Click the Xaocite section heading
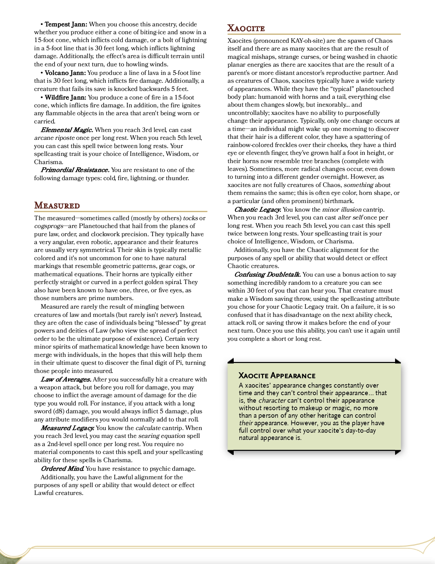246,28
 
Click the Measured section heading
57,205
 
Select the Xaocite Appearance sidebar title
277,376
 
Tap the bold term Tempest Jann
66,24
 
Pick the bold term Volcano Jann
66,73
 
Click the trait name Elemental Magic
67,130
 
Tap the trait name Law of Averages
66,379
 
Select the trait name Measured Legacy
68,428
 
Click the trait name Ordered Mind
62,469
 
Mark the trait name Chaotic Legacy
258,210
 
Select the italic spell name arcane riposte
54,138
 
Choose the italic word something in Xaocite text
358,185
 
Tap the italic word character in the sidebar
272,400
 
